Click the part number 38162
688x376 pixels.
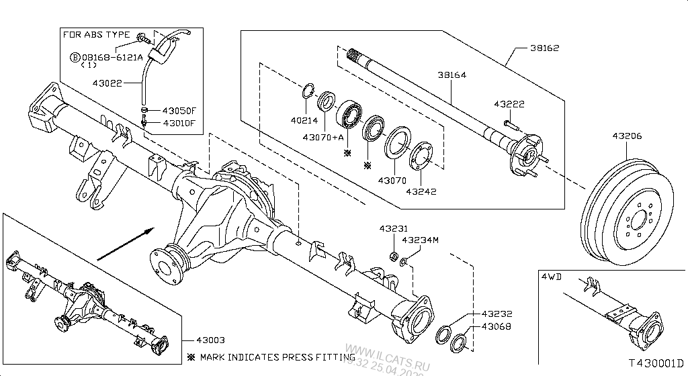pyautogui.click(x=544, y=48)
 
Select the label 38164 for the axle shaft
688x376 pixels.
pyautogui.click(x=451, y=75)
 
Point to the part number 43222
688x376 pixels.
pyautogui.click(x=509, y=104)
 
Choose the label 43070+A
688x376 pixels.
pyautogui.click(x=323, y=138)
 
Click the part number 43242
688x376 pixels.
pyautogui.click(x=421, y=191)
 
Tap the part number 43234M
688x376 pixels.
pyautogui.click(x=420, y=240)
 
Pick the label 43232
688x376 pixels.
pyautogui.click(x=496, y=314)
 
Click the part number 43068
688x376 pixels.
pyautogui.click(x=496, y=327)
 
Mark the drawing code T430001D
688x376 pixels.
pyautogui.click(x=655, y=363)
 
